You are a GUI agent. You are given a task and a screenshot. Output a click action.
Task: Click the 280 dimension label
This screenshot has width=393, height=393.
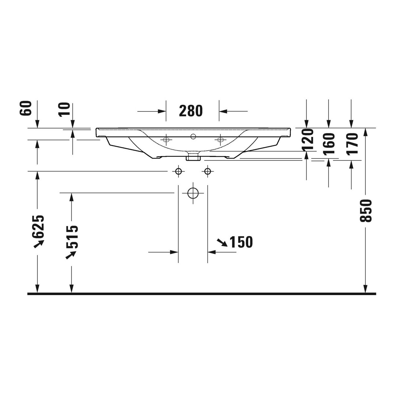click(x=191, y=111)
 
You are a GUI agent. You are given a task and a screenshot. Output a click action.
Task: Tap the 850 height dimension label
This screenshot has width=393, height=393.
click(x=366, y=211)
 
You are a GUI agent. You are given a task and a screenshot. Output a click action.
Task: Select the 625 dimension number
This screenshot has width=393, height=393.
click(x=38, y=226)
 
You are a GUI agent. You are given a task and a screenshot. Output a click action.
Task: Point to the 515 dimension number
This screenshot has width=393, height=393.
click(x=72, y=236)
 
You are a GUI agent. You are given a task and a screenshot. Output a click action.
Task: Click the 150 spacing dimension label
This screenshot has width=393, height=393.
click(x=241, y=242)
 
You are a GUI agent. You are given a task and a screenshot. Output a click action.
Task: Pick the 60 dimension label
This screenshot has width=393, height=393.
click(x=26, y=108)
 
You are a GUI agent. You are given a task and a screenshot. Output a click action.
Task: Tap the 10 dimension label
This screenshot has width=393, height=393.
click(x=64, y=110)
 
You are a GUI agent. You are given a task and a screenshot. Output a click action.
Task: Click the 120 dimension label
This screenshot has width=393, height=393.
click(x=308, y=140)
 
